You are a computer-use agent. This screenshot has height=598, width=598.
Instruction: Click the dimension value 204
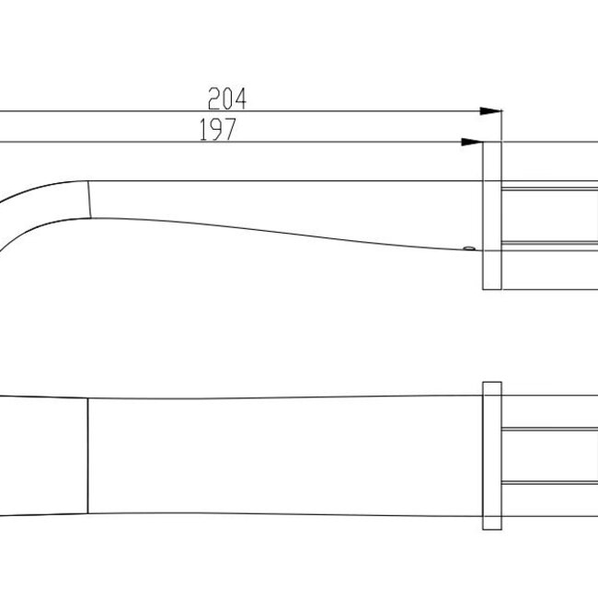[x=228, y=98]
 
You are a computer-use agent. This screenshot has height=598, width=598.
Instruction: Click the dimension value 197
[x=218, y=131]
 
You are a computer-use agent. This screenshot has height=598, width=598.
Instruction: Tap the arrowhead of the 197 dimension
[x=472, y=142]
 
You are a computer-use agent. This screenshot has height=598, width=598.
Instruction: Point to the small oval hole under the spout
[x=468, y=247]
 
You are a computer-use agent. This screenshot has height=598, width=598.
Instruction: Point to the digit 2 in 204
[x=214, y=98]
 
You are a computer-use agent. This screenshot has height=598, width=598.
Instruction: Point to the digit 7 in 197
[x=230, y=131]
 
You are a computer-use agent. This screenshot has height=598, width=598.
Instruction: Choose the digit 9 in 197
[x=218, y=131]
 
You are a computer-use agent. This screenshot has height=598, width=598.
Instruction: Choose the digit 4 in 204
[x=241, y=98]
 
